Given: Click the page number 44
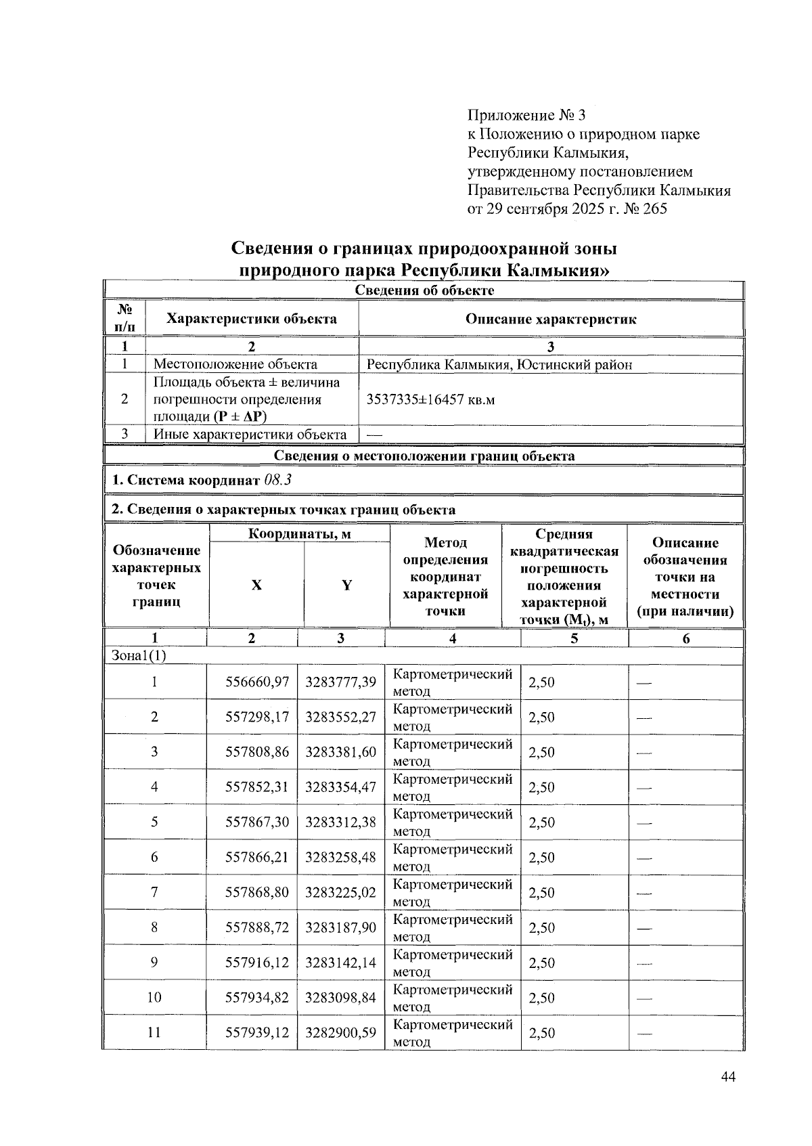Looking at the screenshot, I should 728,1078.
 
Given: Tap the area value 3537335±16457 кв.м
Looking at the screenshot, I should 430,399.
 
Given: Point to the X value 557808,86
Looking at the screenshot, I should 256,752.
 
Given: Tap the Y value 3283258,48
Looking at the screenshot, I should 340,857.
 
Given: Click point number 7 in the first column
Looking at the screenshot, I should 154,892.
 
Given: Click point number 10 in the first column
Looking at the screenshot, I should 154,997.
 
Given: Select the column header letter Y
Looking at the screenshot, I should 346,586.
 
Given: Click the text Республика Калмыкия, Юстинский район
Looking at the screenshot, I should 499,365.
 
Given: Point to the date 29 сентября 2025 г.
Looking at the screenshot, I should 549,208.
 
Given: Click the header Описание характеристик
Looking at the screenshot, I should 550,319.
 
